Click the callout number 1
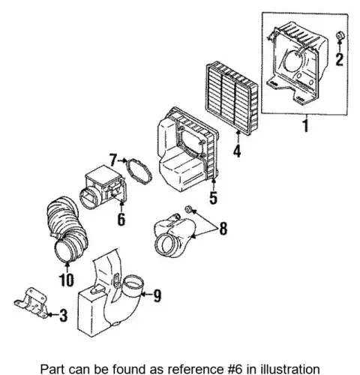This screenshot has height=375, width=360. click(x=306, y=125)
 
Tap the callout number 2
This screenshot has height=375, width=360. click(x=339, y=59)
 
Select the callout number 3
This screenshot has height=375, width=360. click(x=63, y=315)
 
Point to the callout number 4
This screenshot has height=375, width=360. click(x=237, y=151)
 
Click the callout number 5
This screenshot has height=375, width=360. click(x=213, y=197)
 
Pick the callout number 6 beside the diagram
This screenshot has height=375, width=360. click(x=121, y=220)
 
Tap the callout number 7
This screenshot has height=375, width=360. click(x=113, y=160)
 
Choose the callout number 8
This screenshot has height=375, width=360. click(x=223, y=228)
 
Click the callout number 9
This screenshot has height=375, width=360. click(x=157, y=295)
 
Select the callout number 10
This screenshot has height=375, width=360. click(x=67, y=280)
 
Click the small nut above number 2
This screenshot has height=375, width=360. click(x=339, y=35)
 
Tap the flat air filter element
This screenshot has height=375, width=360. click(x=232, y=99)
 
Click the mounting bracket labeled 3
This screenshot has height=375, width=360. click(x=31, y=302)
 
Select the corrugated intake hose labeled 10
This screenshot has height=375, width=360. click(x=67, y=229)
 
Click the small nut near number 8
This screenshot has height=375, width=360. click(x=188, y=209)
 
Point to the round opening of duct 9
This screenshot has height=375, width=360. click(x=134, y=283)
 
